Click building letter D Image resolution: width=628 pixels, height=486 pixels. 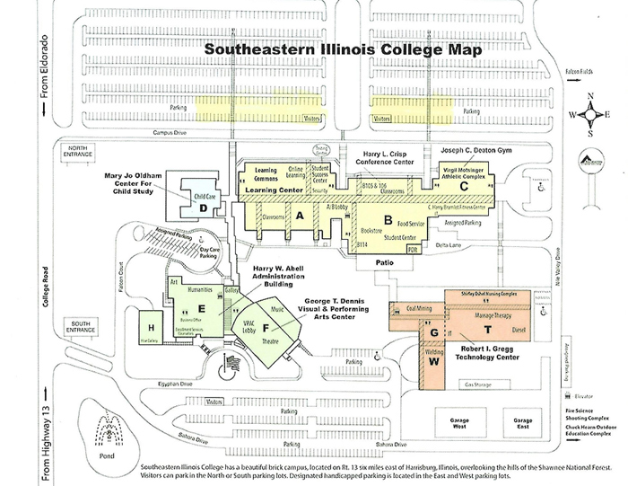click(205, 208)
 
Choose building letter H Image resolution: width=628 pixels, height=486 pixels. click(152, 326)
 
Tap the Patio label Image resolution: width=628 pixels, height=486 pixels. click(385, 263)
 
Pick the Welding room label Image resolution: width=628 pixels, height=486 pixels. click(435, 351)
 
